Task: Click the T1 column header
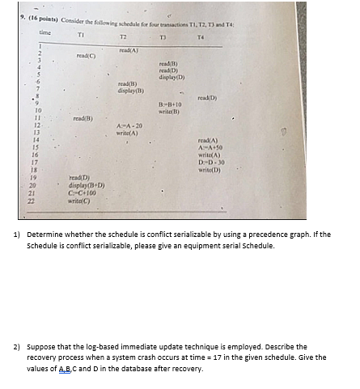pos(80,36)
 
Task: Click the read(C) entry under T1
pos(86,56)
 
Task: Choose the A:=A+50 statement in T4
pos(210,146)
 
